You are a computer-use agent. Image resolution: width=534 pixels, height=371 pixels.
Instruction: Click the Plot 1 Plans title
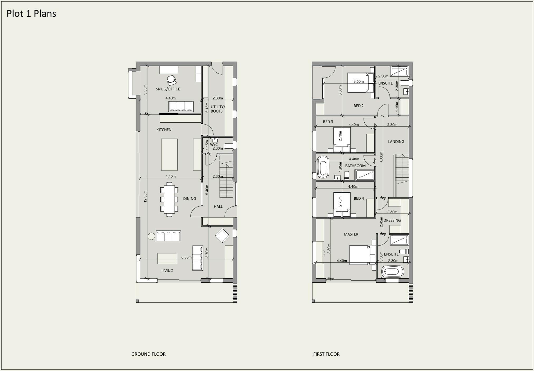tap(31, 13)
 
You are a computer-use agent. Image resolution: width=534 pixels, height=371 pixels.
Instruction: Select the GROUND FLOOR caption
tap(148, 354)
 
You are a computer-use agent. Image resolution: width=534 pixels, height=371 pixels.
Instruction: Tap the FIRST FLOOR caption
tap(326, 354)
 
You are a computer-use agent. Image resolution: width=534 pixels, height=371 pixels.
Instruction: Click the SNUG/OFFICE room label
tap(168, 89)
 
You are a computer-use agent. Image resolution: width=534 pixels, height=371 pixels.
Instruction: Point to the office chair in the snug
tap(171, 79)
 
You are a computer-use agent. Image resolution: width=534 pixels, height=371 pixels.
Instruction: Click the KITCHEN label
tap(164, 130)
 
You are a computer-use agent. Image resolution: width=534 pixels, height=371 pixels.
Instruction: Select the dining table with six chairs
tap(169, 199)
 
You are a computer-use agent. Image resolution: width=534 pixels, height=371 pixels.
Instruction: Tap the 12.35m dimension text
tap(145, 196)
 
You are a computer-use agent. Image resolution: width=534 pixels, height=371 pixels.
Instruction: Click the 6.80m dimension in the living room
tap(186, 257)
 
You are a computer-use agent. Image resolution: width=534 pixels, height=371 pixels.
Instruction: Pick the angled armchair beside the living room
tap(222, 235)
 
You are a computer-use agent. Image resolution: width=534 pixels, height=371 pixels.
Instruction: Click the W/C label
tap(214, 145)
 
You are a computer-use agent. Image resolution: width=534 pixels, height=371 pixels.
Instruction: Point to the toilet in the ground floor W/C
tap(228, 146)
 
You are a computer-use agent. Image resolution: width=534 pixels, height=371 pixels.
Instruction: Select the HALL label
tap(218, 206)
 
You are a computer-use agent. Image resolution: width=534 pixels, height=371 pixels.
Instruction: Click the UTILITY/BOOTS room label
tap(217, 109)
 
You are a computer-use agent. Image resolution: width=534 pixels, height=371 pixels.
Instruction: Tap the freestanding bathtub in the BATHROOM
tap(323, 167)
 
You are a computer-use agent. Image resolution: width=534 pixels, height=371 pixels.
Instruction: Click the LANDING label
tap(396, 142)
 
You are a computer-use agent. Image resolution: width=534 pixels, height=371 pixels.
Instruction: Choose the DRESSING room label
tap(392, 220)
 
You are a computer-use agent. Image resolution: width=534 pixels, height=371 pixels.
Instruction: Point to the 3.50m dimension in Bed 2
tap(359, 81)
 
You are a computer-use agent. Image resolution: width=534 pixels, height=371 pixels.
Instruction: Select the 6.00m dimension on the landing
tap(381, 156)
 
